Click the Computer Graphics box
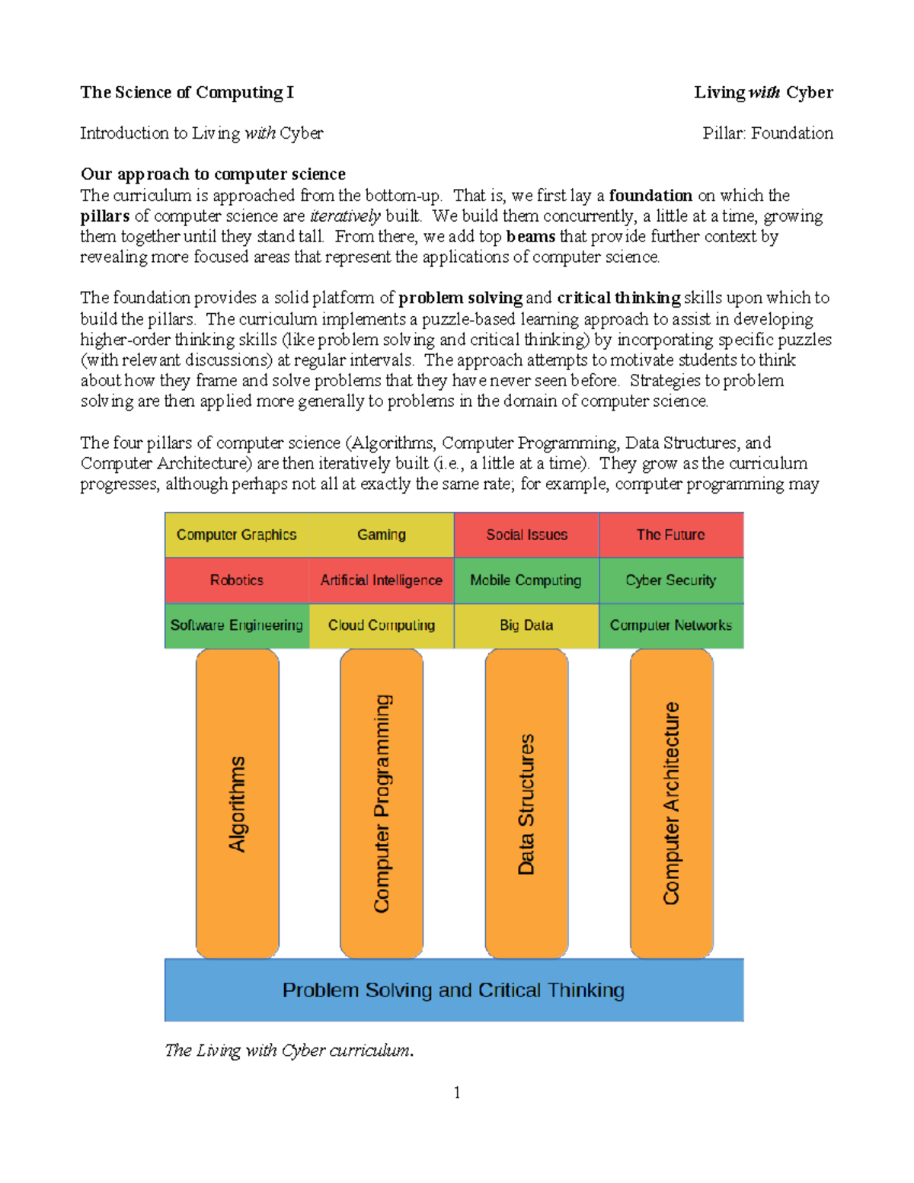tap(237, 535)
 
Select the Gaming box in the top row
tap(382, 535)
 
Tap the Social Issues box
tap(526, 535)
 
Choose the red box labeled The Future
tap(671, 535)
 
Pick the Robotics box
tap(237, 580)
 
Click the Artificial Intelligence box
tap(382, 580)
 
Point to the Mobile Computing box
tap(526, 580)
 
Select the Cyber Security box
tap(671, 580)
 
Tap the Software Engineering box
tap(237, 625)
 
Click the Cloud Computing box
tap(382, 625)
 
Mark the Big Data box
tap(526, 625)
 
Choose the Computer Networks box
tap(671, 625)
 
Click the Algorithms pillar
tap(238, 804)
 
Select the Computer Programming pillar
tap(382, 804)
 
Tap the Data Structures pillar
tap(526, 804)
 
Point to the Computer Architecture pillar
tap(671, 804)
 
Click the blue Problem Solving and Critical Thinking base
tap(454, 990)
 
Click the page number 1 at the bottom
tap(457, 1093)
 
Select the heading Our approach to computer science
tap(213, 174)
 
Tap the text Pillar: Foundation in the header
tap(767, 133)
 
